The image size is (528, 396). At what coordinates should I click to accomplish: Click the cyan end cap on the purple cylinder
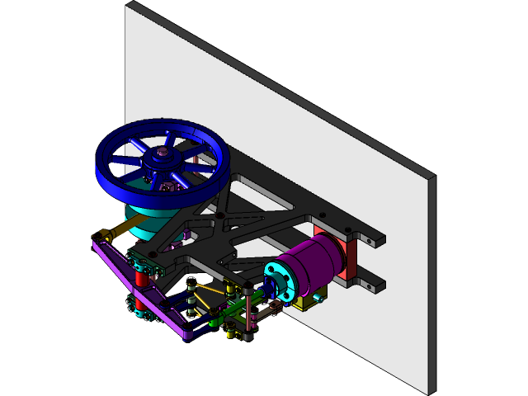tap(281, 281)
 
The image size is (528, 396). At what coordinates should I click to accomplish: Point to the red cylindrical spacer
tap(140, 285)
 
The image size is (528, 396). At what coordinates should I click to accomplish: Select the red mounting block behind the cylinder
tap(348, 257)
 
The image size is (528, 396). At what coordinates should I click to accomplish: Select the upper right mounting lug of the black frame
tap(372, 240)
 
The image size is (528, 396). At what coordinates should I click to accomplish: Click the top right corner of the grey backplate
tap(431, 177)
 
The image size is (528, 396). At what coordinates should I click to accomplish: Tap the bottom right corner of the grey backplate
tap(428, 390)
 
